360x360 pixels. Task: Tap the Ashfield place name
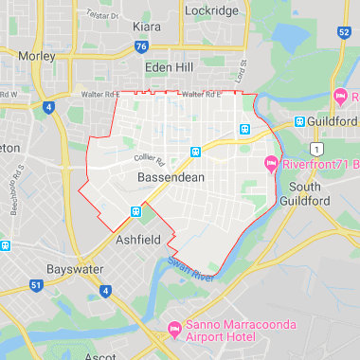pyautogui.click(x=138, y=241)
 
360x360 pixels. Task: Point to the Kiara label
pyautogui.click(x=146, y=27)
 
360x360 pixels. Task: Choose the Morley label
pyautogui.click(x=37, y=56)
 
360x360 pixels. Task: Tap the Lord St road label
pyautogui.click(x=242, y=72)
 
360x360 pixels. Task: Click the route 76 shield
pyautogui.click(x=141, y=45)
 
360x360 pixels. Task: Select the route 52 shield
pyautogui.click(x=343, y=33)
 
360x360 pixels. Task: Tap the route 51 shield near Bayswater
pyautogui.click(x=36, y=284)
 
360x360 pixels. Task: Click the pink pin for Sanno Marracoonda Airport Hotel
pyautogui.click(x=173, y=329)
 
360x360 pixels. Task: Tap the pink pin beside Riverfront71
pyautogui.click(x=272, y=164)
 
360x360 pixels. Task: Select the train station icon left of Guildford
pyautogui.click(x=299, y=122)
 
